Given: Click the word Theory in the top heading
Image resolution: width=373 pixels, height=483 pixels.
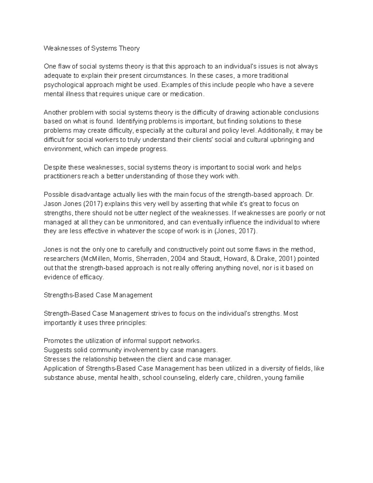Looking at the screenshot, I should (130, 48).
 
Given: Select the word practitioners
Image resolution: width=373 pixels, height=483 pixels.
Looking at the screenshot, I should (62, 176).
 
